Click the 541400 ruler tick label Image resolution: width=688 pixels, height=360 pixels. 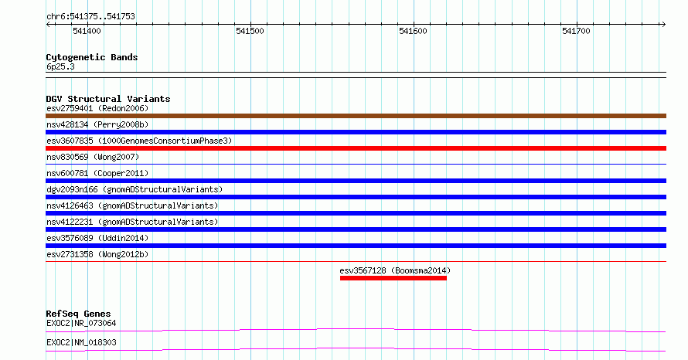point(87,31)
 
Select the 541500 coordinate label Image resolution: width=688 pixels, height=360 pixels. point(250,31)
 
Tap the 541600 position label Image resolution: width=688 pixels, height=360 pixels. point(413,31)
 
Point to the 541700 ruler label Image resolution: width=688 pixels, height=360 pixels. point(576,31)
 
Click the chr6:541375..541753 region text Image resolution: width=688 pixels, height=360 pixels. point(90,17)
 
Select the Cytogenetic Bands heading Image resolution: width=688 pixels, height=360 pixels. point(92,57)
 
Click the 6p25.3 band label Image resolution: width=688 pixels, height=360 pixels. point(60,66)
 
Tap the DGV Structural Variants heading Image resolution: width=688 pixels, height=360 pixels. point(108,99)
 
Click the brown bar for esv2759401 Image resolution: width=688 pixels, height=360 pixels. point(356,116)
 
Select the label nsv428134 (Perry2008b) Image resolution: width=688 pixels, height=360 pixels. point(97,124)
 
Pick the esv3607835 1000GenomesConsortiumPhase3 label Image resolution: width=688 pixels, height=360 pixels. point(139,141)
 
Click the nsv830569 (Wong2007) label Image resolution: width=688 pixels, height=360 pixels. point(93,157)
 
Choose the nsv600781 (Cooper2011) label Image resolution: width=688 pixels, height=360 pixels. point(97,173)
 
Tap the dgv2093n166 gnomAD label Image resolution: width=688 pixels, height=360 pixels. point(135,189)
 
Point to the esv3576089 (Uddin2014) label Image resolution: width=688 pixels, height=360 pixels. point(97,238)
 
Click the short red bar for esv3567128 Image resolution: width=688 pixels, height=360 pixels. point(393,278)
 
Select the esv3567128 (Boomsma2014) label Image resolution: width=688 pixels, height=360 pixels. point(395,270)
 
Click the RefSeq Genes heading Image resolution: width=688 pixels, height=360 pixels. point(78,314)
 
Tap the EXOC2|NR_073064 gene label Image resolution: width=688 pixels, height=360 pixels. point(81,323)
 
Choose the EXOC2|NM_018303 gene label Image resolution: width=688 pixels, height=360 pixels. point(81,342)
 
